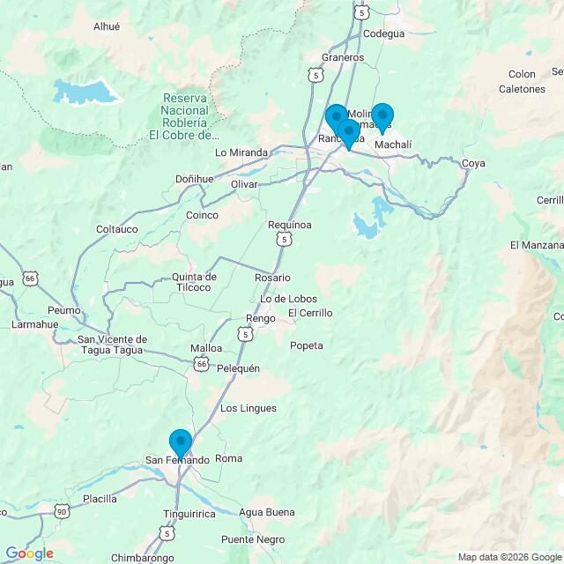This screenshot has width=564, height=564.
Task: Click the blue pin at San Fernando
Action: tap(180, 442)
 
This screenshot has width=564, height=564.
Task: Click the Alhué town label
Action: tap(107, 26)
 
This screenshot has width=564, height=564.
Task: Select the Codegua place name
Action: tap(383, 33)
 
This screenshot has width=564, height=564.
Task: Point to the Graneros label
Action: tap(344, 57)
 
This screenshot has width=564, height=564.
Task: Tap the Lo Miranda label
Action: tap(241, 152)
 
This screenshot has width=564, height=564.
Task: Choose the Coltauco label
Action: tap(117, 229)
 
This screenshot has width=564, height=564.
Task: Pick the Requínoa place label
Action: tap(290, 225)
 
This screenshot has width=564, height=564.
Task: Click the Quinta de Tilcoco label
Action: tap(191, 281)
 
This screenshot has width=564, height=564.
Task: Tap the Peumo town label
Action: tap(65, 310)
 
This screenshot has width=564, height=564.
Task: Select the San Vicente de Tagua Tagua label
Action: tap(113, 345)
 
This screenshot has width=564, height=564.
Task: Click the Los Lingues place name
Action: tap(248, 408)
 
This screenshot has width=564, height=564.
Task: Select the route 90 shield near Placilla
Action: tap(61, 511)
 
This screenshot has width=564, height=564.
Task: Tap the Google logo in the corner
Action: tap(29, 553)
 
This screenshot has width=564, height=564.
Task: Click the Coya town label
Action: tap(473, 163)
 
